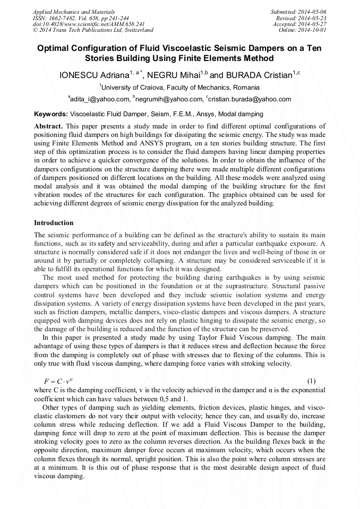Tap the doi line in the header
[89, 24]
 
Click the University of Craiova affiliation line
[179, 87]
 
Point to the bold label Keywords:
[51, 114]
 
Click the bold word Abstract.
[48, 126]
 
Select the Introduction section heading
[54, 222]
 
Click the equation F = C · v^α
[59, 382]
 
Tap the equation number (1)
[312, 381]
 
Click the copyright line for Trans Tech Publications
[93, 30]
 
